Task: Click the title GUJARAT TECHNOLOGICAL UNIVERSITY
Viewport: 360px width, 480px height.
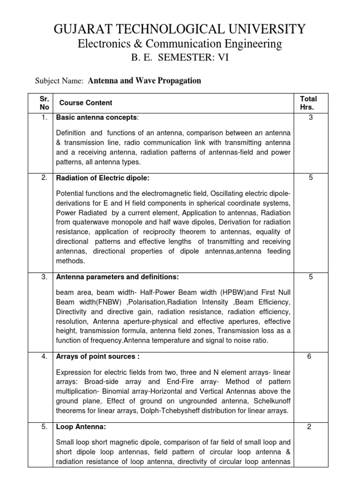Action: [x=180, y=29]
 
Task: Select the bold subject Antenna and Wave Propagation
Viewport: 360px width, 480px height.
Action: [x=144, y=81]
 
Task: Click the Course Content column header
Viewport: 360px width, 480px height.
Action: [x=86, y=103]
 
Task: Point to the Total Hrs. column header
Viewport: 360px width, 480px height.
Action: [x=308, y=103]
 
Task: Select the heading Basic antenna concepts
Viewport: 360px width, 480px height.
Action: [x=97, y=117]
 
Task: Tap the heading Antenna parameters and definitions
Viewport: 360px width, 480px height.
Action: [x=117, y=277]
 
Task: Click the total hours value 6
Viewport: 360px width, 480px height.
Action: [x=310, y=356]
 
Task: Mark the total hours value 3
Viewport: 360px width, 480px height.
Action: [x=310, y=117]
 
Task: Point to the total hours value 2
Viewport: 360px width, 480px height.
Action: [x=310, y=427]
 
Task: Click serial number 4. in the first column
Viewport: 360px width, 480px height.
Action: [x=44, y=356]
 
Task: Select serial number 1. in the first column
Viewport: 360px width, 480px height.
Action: [x=44, y=117]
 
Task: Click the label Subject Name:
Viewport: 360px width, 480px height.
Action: [x=60, y=81]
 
